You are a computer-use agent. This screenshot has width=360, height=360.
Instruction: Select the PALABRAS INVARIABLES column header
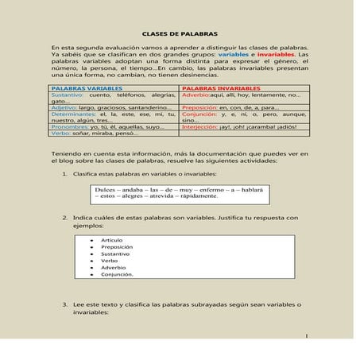tap(218, 88)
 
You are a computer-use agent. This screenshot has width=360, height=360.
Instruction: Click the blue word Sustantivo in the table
tap(63, 95)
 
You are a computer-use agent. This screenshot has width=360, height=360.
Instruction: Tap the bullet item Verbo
tap(110, 261)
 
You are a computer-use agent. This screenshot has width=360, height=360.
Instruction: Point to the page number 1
tap(305, 337)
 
